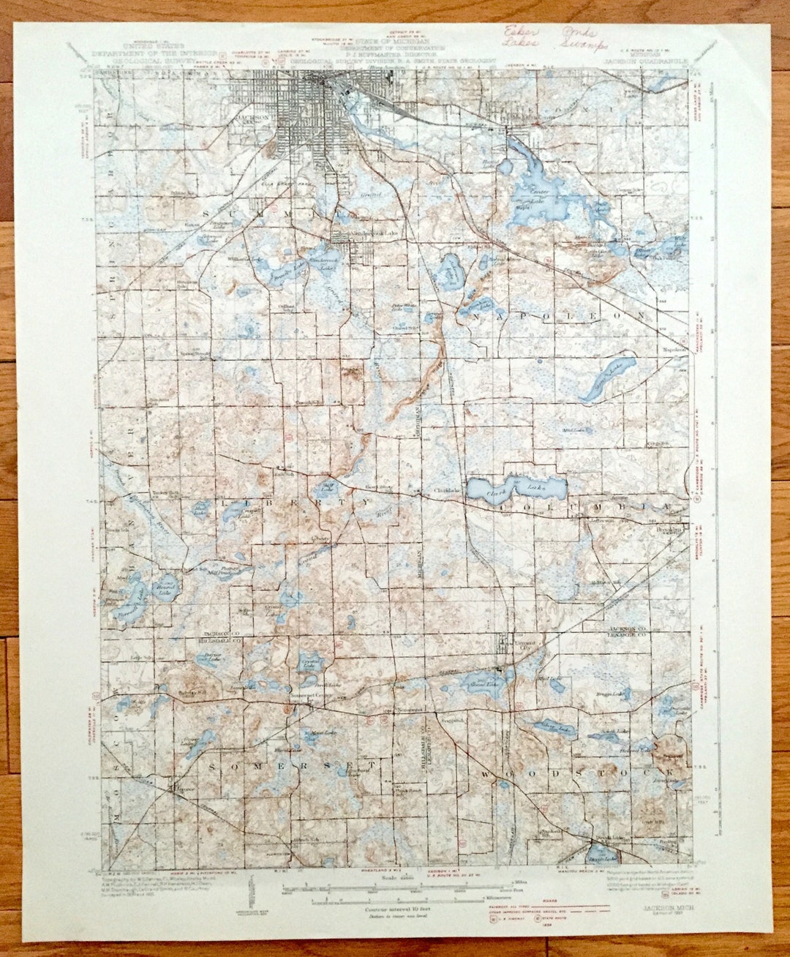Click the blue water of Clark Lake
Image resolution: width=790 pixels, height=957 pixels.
pyautogui.click(x=516, y=487)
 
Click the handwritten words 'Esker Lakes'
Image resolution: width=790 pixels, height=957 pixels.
pyautogui.click(x=520, y=37)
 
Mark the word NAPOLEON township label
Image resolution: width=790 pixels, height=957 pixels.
pyautogui.click(x=560, y=315)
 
